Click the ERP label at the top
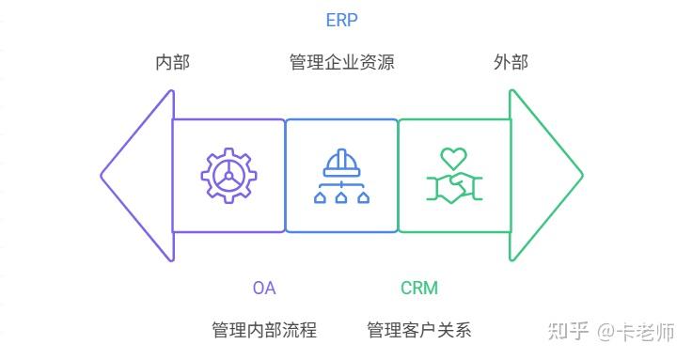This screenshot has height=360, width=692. pyautogui.click(x=341, y=20)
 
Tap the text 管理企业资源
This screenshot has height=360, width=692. pyautogui.click(x=341, y=63)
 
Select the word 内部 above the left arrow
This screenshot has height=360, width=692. pyautogui.click(x=172, y=63)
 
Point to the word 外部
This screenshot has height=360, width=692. pyautogui.click(x=511, y=63)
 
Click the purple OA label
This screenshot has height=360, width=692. pyautogui.click(x=264, y=288)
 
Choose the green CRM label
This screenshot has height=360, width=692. pyautogui.click(x=419, y=288)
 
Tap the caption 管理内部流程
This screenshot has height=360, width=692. pyautogui.click(x=264, y=330)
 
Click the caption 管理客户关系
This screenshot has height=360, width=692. pyautogui.click(x=418, y=330)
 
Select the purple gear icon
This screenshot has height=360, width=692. pyautogui.click(x=228, y=176)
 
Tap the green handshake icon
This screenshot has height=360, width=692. pyautogui.click(x=454, y=186)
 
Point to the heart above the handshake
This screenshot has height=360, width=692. pyautogui.click(x=454, y=157)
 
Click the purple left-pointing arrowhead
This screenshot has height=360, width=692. pyautogui.click(x=137, y=176)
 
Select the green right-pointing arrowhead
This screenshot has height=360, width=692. pyautogui.click(x=545, y=176)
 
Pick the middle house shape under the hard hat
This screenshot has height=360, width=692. pyautogui.click(x=341, y=197)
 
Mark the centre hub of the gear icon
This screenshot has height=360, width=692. pyautogui.click(x=228, y=176)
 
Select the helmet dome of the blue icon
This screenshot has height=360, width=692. pyautogui.click(x=341, y=161)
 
